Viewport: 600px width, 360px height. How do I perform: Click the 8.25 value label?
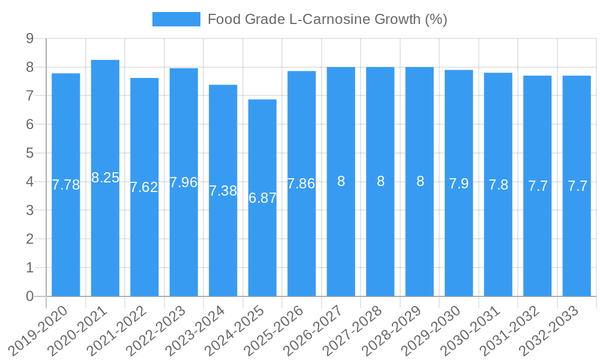coord(105,178)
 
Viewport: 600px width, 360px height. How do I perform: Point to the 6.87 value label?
coord(262,198)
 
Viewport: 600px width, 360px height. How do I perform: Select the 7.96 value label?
coord(184,182)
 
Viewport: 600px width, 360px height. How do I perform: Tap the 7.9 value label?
coord(459,184)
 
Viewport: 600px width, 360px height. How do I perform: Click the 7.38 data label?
coord(223,191)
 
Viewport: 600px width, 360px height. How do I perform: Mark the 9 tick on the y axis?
coord(29,38)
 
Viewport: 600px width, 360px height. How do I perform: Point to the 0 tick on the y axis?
coord(29,296)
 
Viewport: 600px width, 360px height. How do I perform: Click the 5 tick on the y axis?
coord(29,153)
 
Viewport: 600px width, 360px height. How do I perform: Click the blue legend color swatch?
coord(176,19)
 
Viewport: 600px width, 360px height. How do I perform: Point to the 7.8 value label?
coord(498,185)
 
